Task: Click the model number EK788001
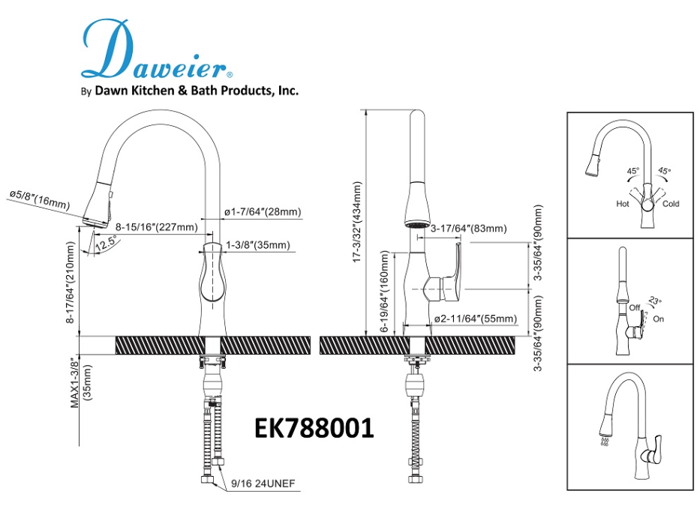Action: pyautogui.click(x=314, y=428)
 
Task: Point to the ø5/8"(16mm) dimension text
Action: pyautogui.click(x=39, y=199)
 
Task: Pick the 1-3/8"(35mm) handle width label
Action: pyautogui.click(x=257, y=245)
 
